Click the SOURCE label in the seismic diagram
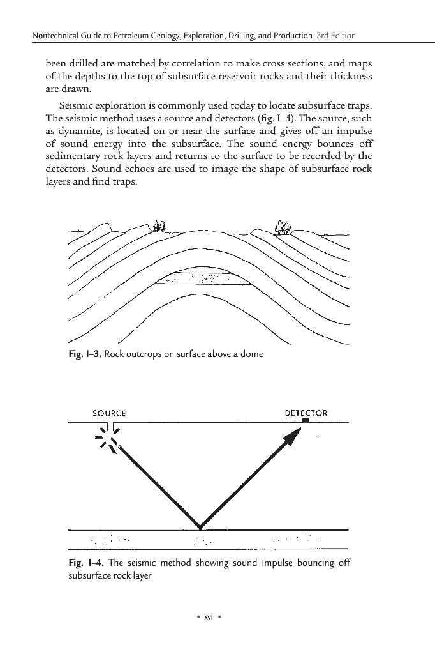point(110,413)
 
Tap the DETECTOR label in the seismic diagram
point(306,413)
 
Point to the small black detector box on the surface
point(306,421)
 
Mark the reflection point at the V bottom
point(200,528)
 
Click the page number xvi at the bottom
point(207,617)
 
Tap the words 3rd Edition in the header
point(335,34)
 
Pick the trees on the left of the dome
point(159,225)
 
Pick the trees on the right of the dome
point(282,226)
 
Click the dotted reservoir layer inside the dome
point(199,278)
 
